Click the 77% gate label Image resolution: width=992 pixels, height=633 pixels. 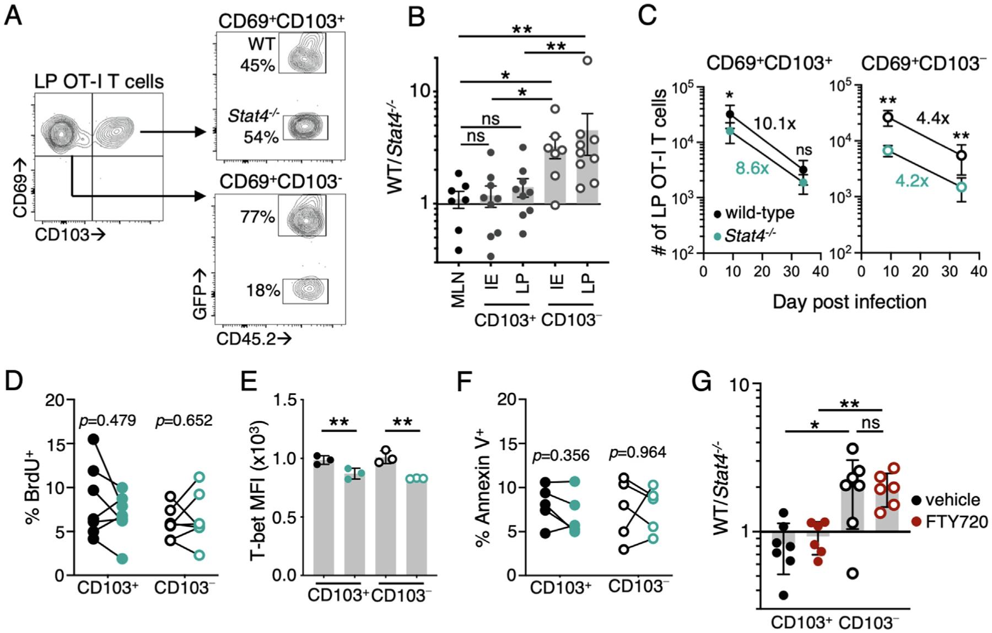tap(257, 217)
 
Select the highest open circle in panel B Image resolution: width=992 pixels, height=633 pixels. tap(587, 61)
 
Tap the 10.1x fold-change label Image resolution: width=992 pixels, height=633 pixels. tap(774, 123)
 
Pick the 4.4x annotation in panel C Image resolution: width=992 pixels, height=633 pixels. tap(932, 118)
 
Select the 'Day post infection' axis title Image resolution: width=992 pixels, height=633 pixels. tap(849, 301)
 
